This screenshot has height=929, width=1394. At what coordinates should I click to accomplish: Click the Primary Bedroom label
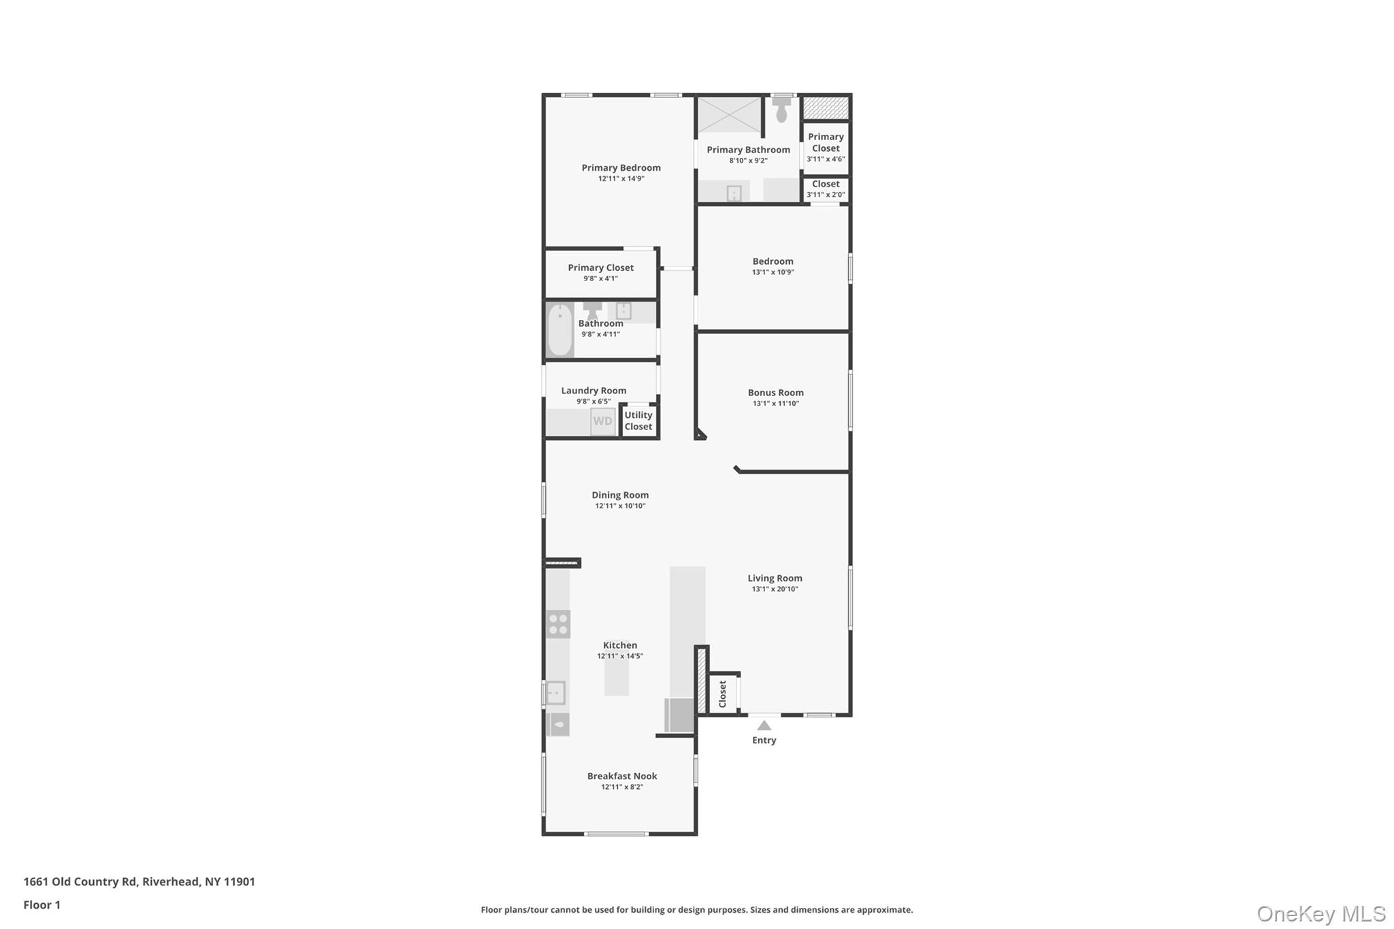(621, 167)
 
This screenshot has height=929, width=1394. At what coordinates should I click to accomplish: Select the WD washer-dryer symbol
(602, 421)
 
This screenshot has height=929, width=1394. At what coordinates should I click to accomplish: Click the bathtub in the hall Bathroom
(560, 330)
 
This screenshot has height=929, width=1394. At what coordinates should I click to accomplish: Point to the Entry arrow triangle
(764, 726)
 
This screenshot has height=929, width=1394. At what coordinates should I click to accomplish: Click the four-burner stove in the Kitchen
(558, 624)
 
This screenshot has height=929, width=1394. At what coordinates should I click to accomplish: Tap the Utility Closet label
(638, 421)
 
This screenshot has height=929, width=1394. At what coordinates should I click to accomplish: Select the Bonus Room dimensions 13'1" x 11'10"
(775, 404)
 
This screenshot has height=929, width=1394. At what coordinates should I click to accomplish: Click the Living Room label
(775, 578)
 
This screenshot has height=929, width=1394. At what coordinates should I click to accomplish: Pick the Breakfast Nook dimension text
(621, 787)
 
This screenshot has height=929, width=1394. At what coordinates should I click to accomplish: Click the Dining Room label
(620, 495)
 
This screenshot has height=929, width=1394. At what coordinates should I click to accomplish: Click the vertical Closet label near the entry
(723, 694)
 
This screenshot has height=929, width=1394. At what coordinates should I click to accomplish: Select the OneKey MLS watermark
(1320, 913)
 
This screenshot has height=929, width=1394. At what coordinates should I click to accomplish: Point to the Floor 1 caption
(42, 904)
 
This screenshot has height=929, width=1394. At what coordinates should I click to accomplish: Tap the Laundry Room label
(594, 390)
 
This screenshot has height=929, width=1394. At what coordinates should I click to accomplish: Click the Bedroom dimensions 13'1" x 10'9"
(773, 272)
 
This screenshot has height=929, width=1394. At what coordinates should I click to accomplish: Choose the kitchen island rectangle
(617, 678)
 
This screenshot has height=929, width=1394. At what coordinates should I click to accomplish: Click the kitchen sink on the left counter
(556, 693)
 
